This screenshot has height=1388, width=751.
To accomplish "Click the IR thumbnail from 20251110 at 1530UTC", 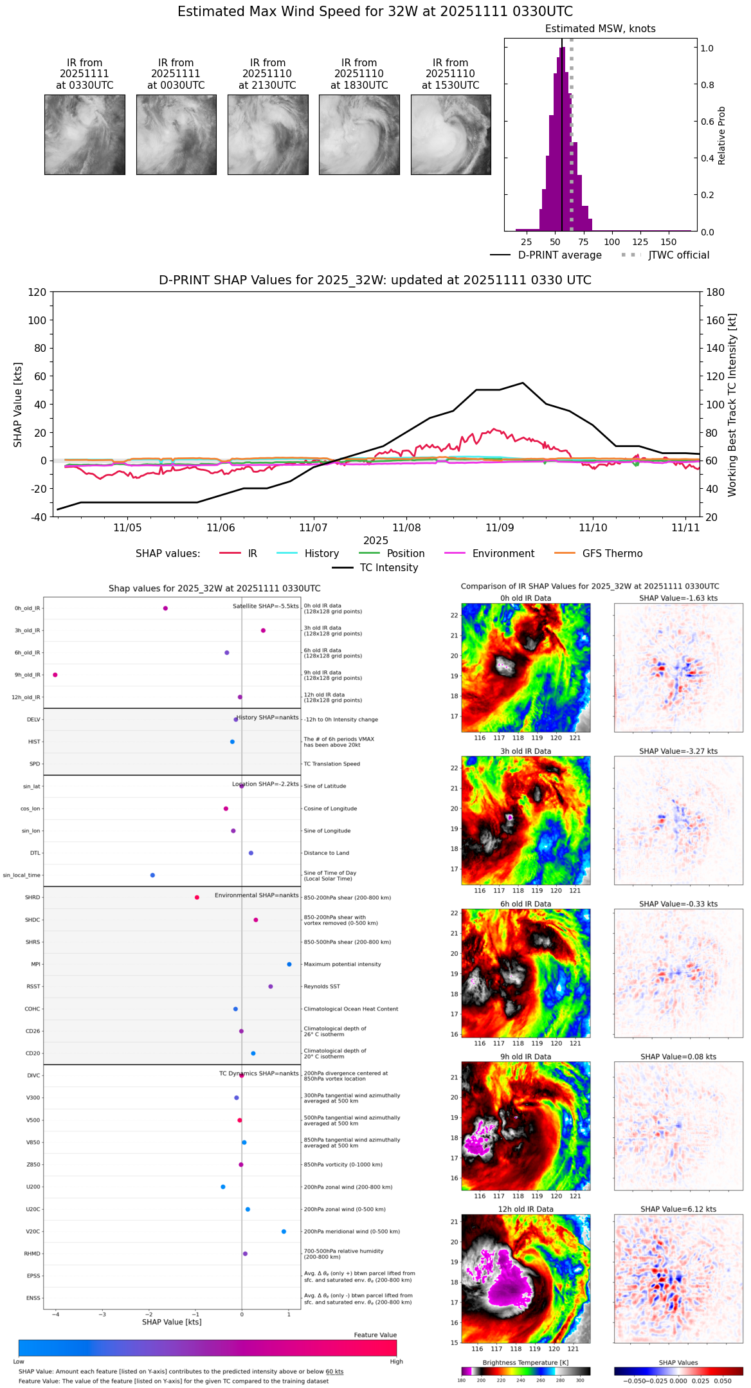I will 451,134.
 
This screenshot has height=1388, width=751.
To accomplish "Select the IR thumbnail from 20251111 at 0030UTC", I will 176,134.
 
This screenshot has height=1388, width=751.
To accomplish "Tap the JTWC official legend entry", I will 678,255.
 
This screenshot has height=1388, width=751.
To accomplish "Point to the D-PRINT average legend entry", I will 559,255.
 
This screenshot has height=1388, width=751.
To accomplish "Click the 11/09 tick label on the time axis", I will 500,528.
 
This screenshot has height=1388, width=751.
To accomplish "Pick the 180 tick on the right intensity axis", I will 716,293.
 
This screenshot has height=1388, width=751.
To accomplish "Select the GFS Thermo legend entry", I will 612,554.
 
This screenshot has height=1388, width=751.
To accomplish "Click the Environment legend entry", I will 503,554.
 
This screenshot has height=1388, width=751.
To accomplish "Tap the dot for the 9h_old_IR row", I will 55,675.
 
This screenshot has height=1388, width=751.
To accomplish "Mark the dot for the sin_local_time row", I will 152,875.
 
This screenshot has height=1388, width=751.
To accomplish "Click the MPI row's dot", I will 289,964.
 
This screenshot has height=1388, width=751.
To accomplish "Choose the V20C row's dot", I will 284,1232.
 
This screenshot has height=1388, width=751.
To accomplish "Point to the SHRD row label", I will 32,898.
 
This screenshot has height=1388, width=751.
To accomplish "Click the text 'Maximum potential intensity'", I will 342,964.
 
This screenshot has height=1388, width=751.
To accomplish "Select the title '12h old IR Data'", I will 525,1209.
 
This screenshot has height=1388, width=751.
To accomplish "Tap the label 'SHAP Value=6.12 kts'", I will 678,1209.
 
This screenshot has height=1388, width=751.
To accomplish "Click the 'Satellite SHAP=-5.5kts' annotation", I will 266,607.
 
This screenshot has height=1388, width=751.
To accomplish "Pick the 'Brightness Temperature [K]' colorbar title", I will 525,1362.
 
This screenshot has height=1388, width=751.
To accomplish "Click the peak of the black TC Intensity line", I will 523,383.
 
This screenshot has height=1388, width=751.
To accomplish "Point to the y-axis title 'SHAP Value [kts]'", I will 18,405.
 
